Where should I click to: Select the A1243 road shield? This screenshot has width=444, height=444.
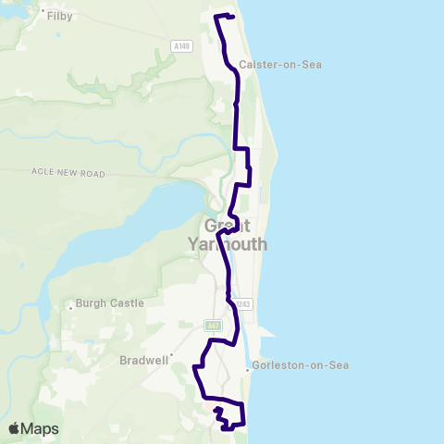tap(243, 304)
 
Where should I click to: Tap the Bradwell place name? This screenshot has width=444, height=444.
tap(142, 360)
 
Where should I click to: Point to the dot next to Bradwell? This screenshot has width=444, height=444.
tap(171, 352)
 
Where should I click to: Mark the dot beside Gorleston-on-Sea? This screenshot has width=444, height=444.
tap(247, 371)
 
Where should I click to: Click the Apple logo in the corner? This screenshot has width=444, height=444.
tap(15, 428)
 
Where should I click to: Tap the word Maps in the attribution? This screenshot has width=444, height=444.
tap(40, 428)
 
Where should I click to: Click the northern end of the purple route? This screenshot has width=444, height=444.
tap(232, 17)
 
